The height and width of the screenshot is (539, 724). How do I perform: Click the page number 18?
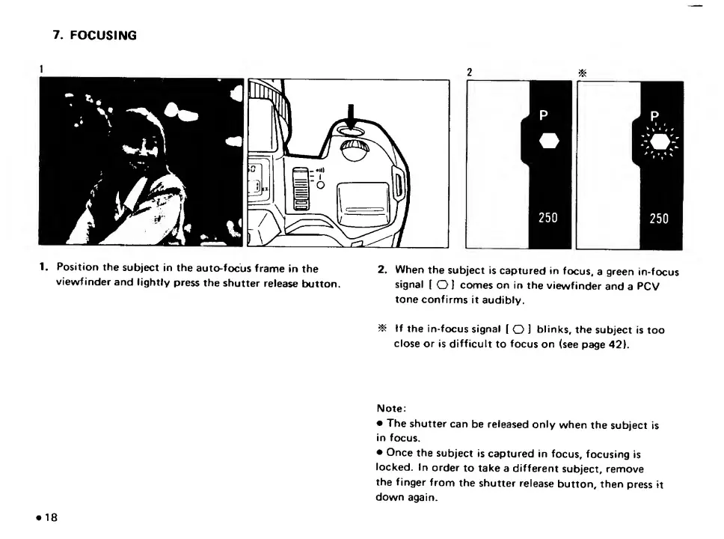tap(51, 518)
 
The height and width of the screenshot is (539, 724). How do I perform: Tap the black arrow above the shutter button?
tap(352, 115)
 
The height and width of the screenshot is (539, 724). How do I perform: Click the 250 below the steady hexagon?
tap(548, 218)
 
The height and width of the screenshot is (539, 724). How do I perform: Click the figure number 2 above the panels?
tap(469, 73)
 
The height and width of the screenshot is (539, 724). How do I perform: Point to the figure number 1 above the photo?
tap(42, 68)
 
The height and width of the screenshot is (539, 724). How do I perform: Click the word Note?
tap(390, 408)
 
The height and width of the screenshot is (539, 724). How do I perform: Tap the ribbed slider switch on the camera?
tap(301, 192)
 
